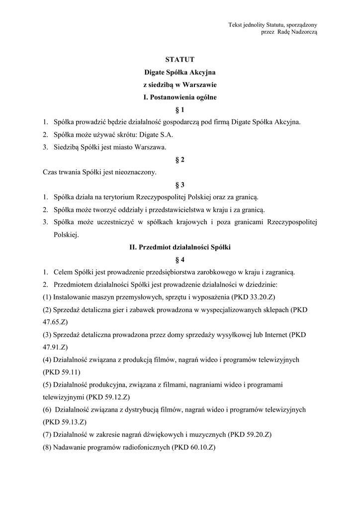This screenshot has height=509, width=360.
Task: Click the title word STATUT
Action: click(180, 60)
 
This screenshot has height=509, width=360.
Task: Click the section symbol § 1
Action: click(180, 109)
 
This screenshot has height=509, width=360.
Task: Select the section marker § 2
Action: click(180, 160)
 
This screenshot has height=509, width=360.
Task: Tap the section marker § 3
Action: click(180, 185)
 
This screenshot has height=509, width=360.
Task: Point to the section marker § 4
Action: click(180, 259)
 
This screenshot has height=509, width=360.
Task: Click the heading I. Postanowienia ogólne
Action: click(180, 97)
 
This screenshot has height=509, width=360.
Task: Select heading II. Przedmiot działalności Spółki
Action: click(180, 247)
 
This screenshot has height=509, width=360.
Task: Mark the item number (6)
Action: click(47, 410)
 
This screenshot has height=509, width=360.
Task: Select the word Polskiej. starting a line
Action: click(67, 235)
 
